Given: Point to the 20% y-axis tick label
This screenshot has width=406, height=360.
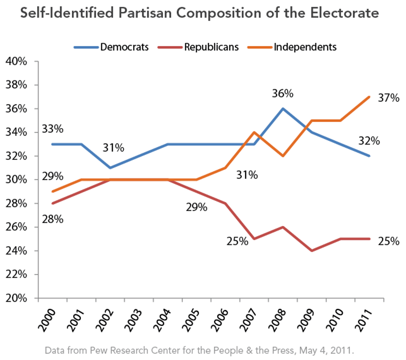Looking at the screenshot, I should click(x=16, y=298).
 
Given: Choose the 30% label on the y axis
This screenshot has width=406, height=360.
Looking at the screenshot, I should click(x=16, y=180).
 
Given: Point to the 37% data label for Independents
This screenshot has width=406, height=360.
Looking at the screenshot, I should click(x=389, y=98).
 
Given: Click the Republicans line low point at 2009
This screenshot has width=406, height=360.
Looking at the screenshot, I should click(x=312, y=251).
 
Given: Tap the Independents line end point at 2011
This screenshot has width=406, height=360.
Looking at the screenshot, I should click(x=369, y=97).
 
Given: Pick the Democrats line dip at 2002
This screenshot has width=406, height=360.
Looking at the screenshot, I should click(x=110, y=168).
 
